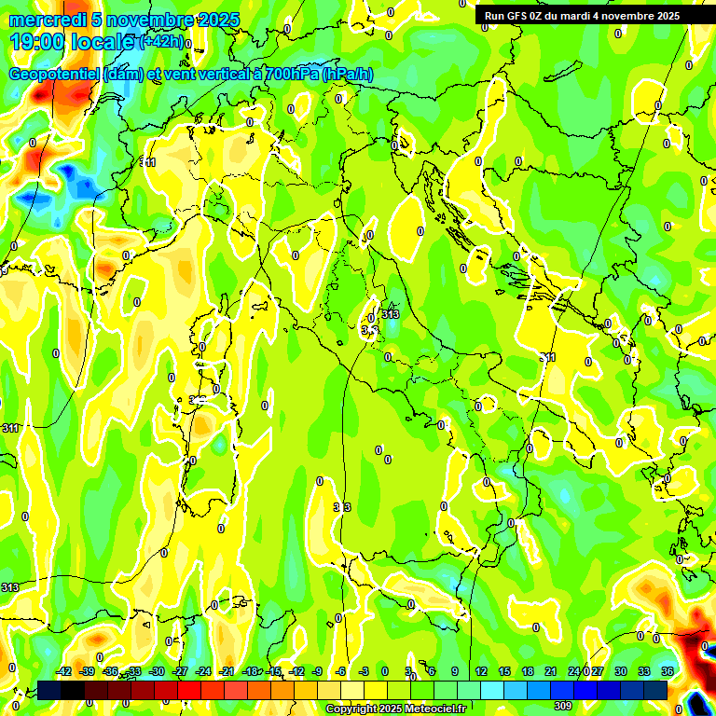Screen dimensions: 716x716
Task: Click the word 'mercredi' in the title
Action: (x=44, y=20)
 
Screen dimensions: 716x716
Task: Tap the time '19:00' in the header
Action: (x=37, y=42)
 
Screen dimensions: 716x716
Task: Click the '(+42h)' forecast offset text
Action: (x=162, y=42)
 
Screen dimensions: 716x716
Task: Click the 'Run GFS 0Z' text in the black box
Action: (x=516, y=16)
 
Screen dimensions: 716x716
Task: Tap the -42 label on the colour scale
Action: (x=63, y=672)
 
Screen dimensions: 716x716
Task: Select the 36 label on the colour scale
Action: (x=668, y=672)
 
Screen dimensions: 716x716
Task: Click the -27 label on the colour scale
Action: (x=180, y=672)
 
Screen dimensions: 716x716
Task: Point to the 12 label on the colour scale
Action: (x=480, y=672)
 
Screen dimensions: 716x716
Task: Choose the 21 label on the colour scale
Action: (x=551, y=672)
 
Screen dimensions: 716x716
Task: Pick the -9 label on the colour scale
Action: (x=317, y=672)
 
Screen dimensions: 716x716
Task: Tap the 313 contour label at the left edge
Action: (x=10, y=588)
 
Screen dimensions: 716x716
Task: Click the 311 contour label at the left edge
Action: (x=10, y=428)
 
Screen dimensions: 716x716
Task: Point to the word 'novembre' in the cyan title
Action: (x=141, y=20)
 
